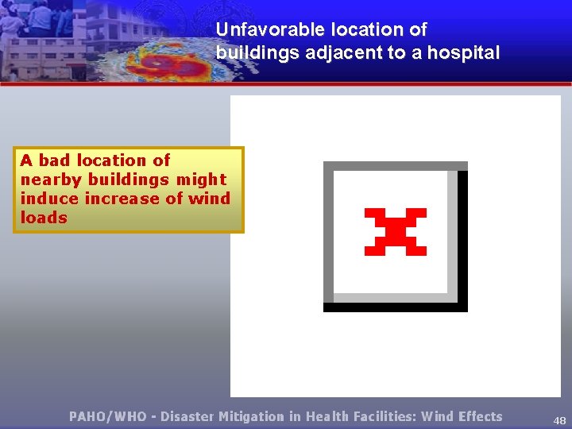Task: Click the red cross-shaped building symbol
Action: pos(395,231)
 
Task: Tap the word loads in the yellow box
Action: pos(44,218)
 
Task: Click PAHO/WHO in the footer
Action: pos(107,416)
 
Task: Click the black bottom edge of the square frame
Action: pos(395,307)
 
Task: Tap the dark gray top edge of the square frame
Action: pos(395,166)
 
